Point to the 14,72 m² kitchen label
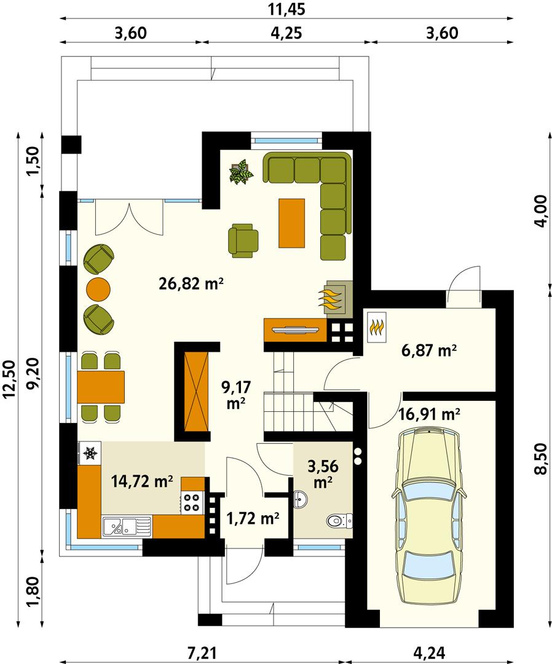[142, 481]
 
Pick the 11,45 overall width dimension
[286, 10]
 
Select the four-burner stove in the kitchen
[191, 502]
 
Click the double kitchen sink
[127, 526]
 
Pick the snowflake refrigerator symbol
[90, 454]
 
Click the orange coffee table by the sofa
[292, 223]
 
